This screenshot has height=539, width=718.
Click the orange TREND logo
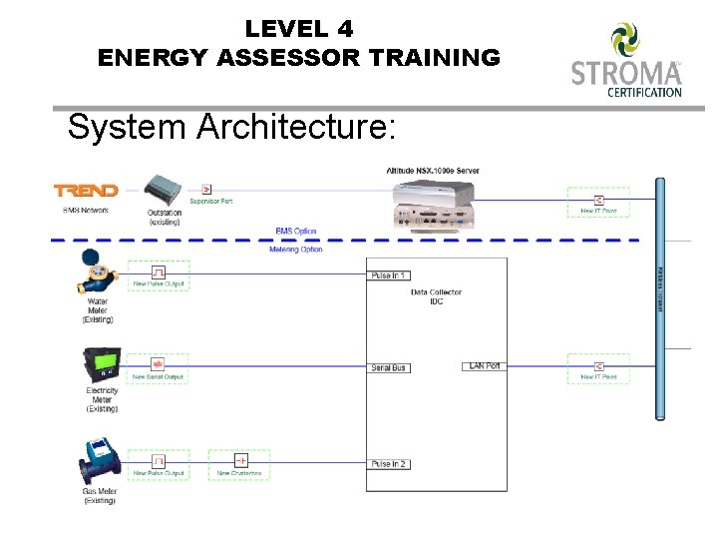(86, 191)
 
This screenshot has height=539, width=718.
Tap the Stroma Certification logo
(626, 60)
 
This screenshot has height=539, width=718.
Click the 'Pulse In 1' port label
(388, 275)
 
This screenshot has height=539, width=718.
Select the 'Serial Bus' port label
(388, 368)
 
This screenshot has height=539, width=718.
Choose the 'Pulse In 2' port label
(388, 464)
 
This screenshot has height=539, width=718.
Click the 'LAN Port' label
(485, 366)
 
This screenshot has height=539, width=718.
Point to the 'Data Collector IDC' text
(436, 296)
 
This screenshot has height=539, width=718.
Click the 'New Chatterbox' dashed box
(239, 465)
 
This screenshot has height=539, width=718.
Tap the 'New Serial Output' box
(159, 368)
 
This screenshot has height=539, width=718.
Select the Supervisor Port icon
(207, 189)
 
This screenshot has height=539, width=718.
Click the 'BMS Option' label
(296, 232)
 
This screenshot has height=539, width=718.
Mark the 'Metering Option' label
(296, 250)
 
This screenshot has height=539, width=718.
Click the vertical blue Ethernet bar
(659, 299)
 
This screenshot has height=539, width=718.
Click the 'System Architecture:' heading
(231, 127)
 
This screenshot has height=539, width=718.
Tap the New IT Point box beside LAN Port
(598, 368)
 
